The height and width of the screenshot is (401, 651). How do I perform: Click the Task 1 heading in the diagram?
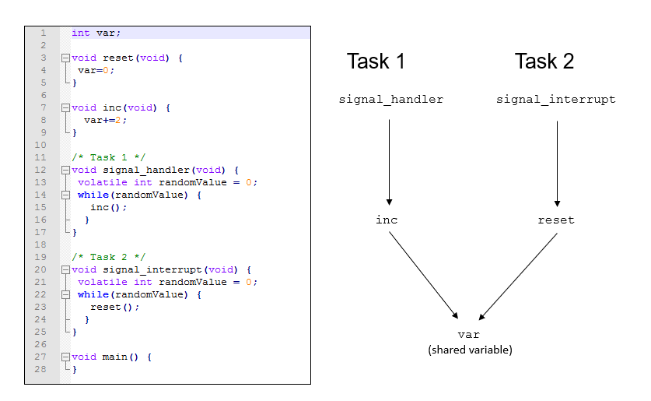click(x=376, y=62)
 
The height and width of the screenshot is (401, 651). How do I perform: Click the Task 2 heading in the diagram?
click(x=544, y=62)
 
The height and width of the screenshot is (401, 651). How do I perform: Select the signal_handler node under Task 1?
click(x=391, y=100)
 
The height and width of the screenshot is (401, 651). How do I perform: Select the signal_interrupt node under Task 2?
click(x=555, y=100)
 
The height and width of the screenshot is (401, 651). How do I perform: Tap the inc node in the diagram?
click(x=387, y=220)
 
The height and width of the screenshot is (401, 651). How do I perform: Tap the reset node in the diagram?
click(x=555, y=220)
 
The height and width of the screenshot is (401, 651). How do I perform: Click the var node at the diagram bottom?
click(x=469, y=335)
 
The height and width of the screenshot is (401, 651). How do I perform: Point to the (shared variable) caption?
click(x=470, y=350)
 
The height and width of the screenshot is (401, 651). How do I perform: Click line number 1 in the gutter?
click(x=43, y=33)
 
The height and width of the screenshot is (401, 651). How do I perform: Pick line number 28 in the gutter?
click(x=41, y=369)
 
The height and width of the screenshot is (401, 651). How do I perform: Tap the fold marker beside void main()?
click(x=66, y=357)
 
